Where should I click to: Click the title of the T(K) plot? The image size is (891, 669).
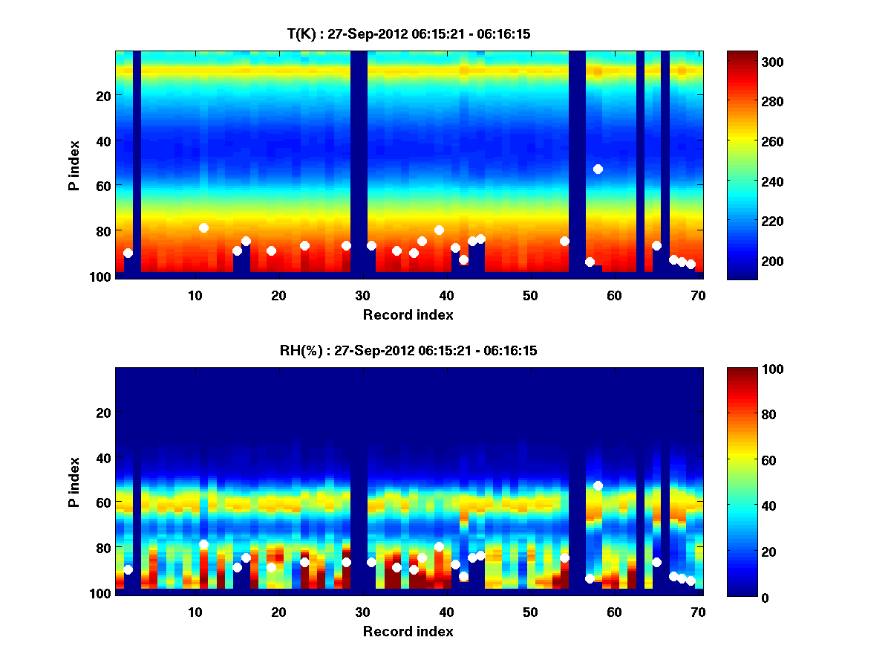[x=408, y=33]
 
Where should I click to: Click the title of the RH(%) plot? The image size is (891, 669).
[x=408, y=350]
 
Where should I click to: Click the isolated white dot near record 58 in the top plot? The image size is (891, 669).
[x=598, y=169]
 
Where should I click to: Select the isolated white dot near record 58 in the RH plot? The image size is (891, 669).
[x=598, y=485]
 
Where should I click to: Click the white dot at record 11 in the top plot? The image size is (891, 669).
[x=203, y=227]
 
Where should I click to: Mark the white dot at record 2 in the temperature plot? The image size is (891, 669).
[x=128, y=253]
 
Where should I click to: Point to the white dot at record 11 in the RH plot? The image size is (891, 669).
[x=203, y=544]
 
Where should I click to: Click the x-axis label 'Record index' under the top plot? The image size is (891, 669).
[x=408, y=314]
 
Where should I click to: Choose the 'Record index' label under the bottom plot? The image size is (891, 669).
[x=408, y=631]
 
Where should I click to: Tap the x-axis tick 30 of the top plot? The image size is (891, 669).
[x=362, y=294]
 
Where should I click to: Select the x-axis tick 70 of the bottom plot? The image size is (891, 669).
[x=698, y=612]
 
